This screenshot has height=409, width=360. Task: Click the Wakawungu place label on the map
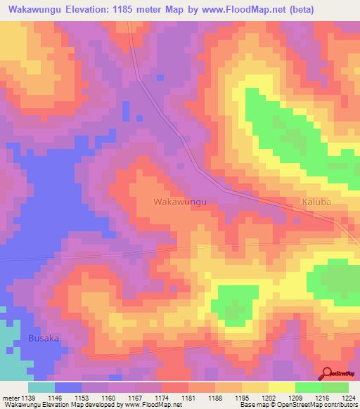pos(180,202)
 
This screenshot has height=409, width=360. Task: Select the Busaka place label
pos(44,338)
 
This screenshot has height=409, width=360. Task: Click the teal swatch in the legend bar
pos(41,387)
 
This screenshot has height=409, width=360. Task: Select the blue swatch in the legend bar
pos(68,387)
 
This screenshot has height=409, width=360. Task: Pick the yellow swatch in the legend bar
pos(281,387)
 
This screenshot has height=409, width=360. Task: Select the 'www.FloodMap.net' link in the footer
pos(149,404)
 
